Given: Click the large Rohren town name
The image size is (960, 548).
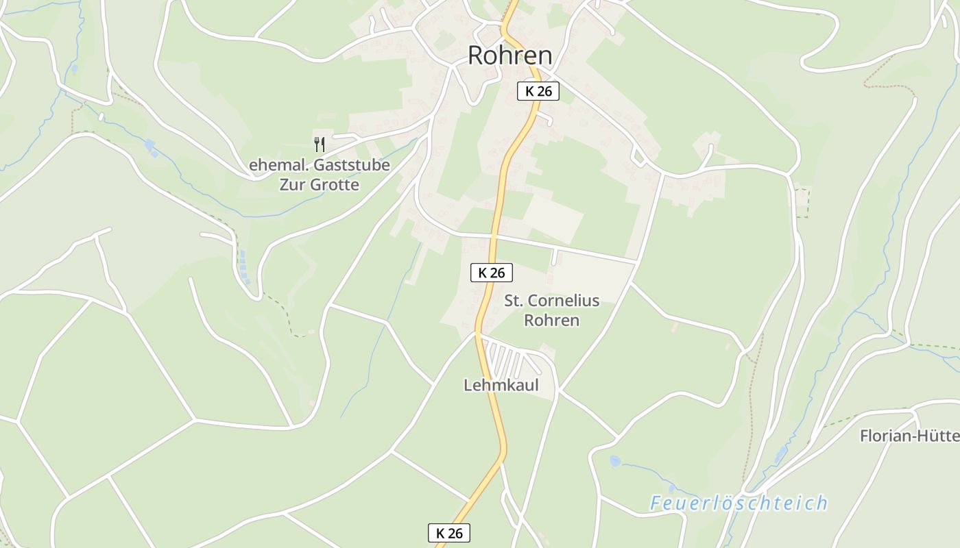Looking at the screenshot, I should (x=509, y=55).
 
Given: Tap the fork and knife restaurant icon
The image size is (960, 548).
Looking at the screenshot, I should (x=319, y=144).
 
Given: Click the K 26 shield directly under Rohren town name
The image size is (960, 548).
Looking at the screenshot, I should (x=538, y=91).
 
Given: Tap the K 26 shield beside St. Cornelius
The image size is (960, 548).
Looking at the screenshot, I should (x=492, y=273).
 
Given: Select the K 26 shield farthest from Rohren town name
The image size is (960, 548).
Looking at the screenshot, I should (x=449, y=533).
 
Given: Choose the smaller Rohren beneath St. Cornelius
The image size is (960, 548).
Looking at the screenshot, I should (x=551, y=320).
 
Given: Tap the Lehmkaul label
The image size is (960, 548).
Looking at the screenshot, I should (x=501, y=385).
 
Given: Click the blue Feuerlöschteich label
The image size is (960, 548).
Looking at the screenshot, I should (x=739, y=503).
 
